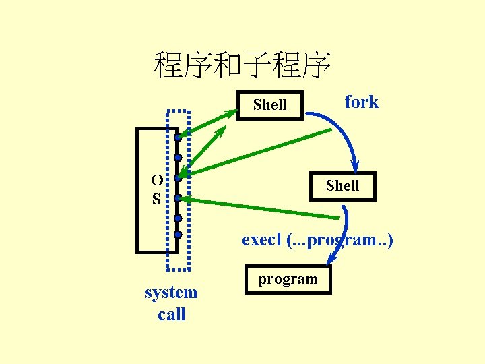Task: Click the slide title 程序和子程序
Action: click(242, 65)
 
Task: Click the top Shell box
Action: click(269, 104)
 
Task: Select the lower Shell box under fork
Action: click(342, 186)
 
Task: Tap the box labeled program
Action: click(288, 279)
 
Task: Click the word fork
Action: click(362, 102)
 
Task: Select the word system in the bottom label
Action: click(171, 293)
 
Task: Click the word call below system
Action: click(171, 314)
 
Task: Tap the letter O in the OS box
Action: click(156, 181)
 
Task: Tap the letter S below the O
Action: click(156, 200)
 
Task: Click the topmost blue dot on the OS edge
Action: click(177, 138)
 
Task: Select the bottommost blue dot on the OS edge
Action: click(177, 235)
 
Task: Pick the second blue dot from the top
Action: click(177, 158)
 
